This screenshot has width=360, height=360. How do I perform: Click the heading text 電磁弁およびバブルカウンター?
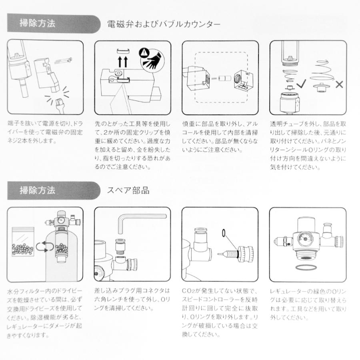click(164, 24)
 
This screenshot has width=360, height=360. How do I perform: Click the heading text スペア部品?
click(128, 190)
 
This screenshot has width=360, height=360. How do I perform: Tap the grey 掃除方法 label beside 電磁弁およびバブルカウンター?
click(38, 24)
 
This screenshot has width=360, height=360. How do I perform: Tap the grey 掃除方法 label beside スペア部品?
click(38, 190)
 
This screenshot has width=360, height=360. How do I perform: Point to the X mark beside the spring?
click(339, 84)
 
